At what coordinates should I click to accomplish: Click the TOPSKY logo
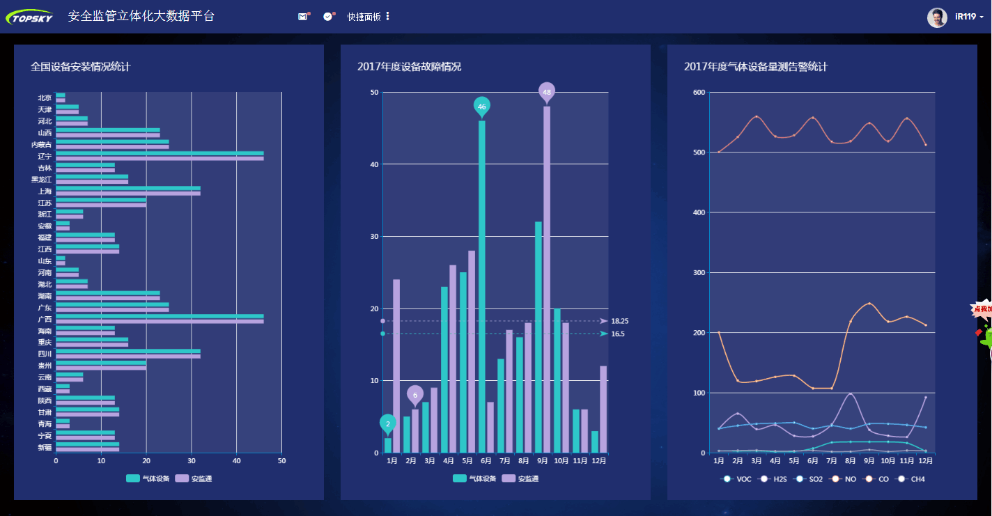click(x=29, y=16)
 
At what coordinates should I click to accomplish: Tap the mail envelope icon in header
click(x=302, y=16)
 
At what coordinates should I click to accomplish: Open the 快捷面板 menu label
click(x=364, y=17)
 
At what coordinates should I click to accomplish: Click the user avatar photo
click(x=937, y=17)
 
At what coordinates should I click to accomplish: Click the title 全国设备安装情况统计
click(x=80, y=67)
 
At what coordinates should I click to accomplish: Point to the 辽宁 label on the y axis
click(x=45, y=157)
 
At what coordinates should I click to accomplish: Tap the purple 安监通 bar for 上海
click(x=128, y=194)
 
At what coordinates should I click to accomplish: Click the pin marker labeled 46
click(x=481, y=107)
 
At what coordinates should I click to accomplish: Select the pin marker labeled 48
click(x=547, y=92)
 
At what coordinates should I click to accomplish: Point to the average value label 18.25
click(x=619, y=321)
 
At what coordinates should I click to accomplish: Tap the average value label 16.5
click(x=617, y=334)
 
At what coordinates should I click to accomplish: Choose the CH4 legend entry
click(x=912, y=479)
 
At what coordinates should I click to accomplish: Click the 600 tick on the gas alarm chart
click(x=698, y=92)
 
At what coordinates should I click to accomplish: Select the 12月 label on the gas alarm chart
click(x=925, y=461)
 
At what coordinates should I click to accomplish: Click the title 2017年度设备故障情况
click(x=409, y=67)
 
